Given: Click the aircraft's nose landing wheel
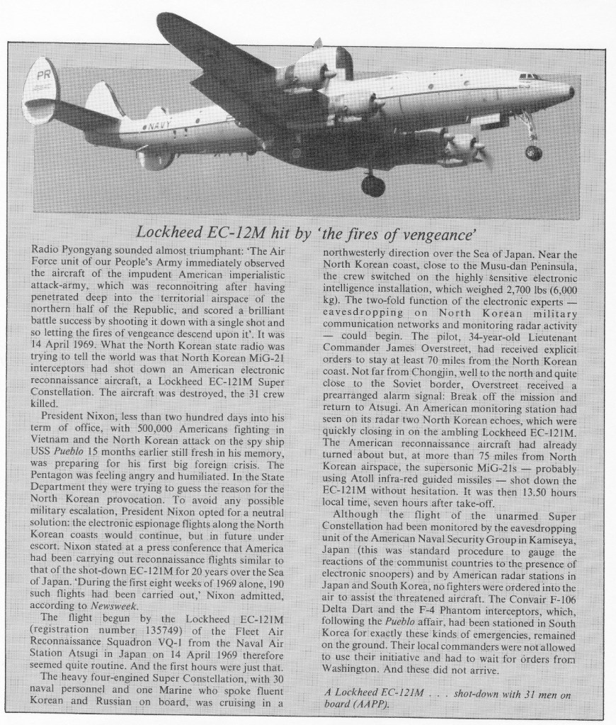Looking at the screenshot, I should [x=533, y=152].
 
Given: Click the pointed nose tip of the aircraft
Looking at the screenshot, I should [x=571, y=92].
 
